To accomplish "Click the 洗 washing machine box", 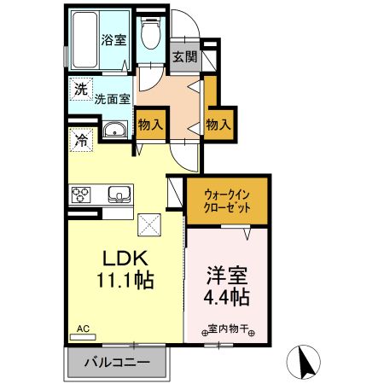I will tap(80, 89).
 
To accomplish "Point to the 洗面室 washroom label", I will tap(112, 99).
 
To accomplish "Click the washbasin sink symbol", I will tap(115, 131).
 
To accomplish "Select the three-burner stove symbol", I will tap(83, 195).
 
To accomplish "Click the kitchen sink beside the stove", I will tap(119, 195).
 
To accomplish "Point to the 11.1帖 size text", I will tap(126, 278).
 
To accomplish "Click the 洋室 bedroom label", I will tap(226, 277).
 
